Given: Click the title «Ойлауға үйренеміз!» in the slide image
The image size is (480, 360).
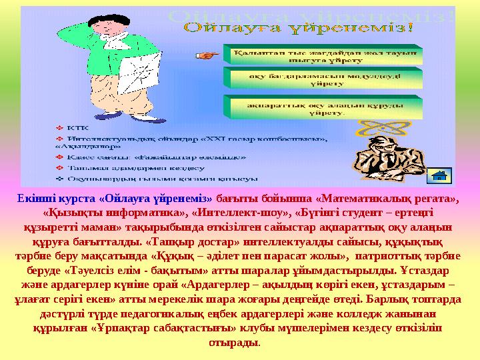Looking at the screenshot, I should pos(298,29).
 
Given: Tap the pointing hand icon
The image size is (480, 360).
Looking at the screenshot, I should pos(209,56).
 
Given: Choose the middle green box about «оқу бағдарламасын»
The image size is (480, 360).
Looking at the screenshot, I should pos(325,81).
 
